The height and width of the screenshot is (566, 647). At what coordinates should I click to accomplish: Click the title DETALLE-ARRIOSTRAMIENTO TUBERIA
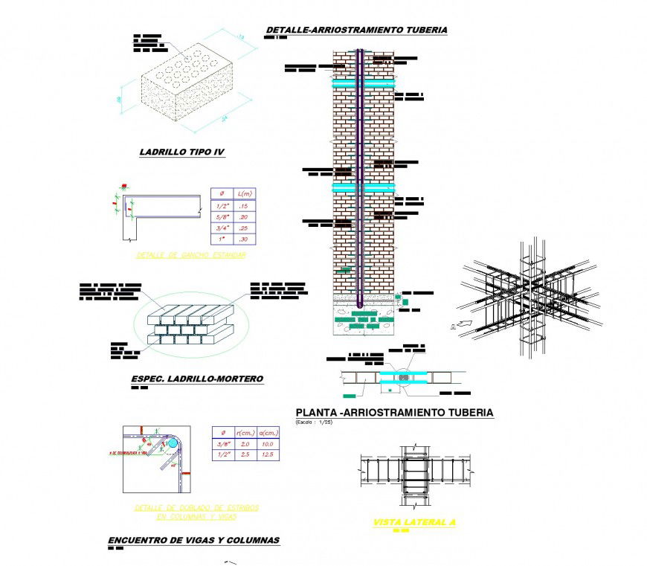(x=357, y=30)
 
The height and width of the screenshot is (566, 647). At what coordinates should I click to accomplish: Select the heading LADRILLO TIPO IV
(x=182, y=152)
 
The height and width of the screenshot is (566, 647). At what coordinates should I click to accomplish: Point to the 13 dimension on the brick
(x=241, y=36)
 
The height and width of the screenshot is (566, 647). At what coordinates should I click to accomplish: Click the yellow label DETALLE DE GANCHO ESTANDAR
(x=191, y=255)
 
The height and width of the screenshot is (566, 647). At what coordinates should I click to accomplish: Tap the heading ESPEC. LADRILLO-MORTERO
(x=197, y=379)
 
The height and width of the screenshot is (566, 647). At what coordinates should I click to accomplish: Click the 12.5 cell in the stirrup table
(x=268, y=454)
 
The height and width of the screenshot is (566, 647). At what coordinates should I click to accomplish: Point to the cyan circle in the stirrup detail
(x=173, y=443)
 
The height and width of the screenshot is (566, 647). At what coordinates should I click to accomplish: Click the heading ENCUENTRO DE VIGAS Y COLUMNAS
(x=194, y=540)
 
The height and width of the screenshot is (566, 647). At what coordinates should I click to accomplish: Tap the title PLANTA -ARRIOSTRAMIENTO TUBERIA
(x=394, y=413)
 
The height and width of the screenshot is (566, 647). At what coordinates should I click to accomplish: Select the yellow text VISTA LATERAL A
(x=414, y=522)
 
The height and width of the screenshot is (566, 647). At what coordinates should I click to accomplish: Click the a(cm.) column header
(x=268, y=432)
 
